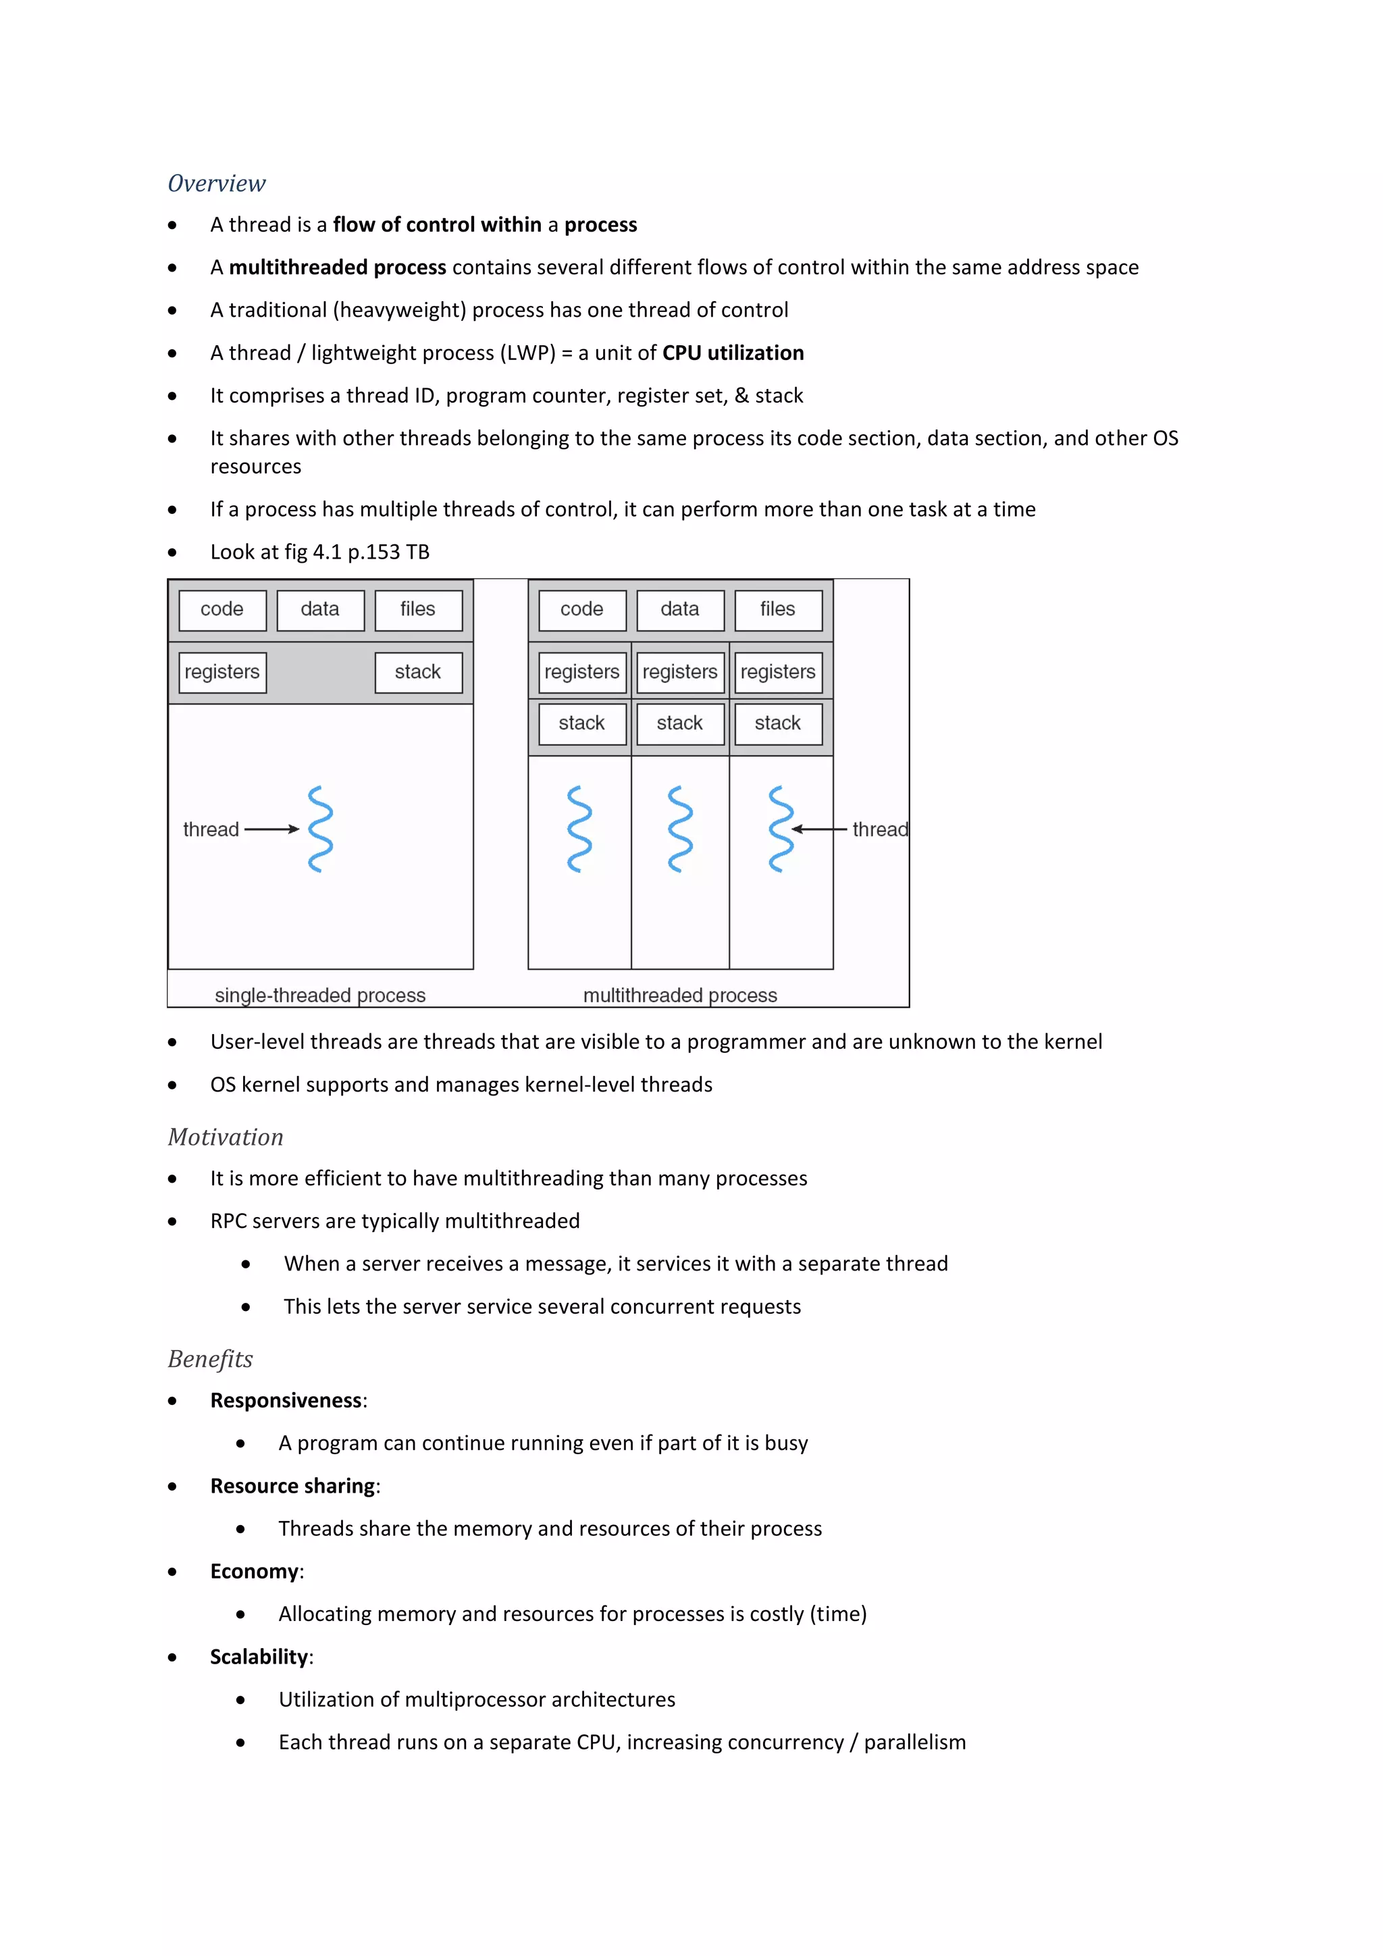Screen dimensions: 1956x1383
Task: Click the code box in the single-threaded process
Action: tap(222, 609)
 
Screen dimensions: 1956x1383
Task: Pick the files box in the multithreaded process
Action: tap(777, 609)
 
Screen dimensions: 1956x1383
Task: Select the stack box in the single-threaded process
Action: tap(418, 671)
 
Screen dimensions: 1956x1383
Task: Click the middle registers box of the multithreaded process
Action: tap(679, 671)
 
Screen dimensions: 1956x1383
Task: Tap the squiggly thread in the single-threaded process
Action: tap(320, 829)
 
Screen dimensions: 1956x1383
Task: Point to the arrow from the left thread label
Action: tap(271, 829)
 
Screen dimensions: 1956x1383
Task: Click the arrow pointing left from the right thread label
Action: tap(818, 829)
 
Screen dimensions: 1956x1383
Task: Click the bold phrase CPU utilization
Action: tap(733, 353)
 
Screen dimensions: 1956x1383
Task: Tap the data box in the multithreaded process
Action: tap(679, 609)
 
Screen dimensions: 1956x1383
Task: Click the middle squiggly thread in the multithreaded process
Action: tap(679, 829)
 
